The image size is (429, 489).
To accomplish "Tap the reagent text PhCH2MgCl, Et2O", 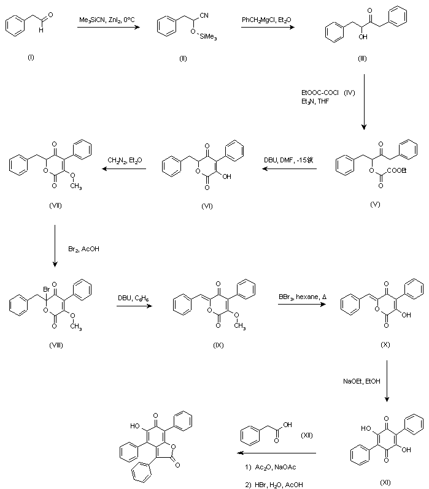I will tap(266, 20).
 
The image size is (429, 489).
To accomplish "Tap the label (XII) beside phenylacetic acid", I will tap(306, 435).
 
